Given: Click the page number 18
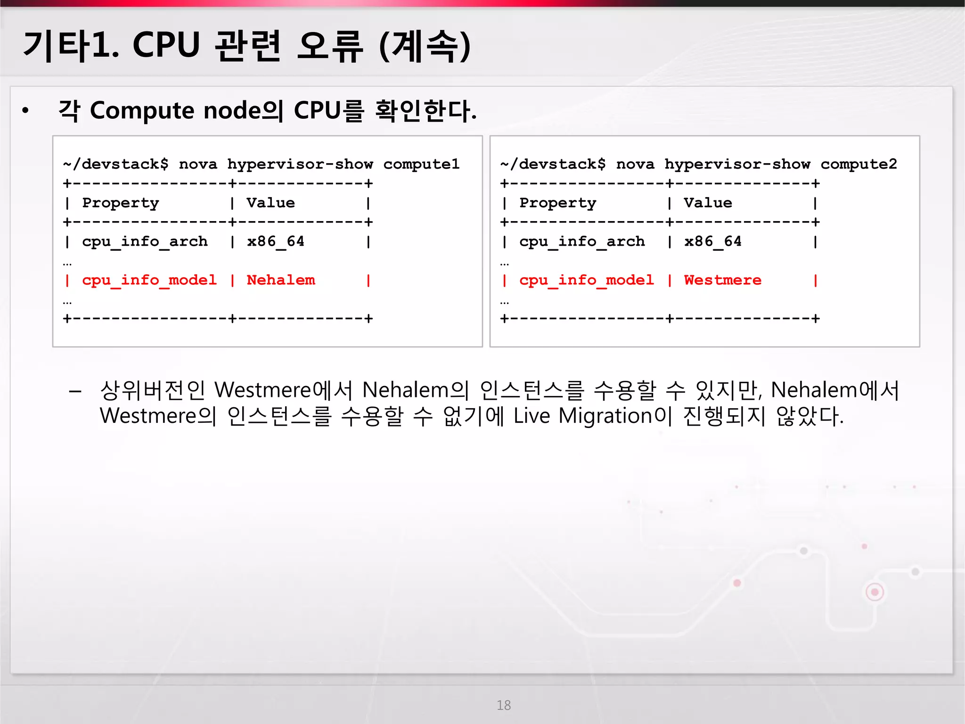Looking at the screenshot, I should (x=503, y=705).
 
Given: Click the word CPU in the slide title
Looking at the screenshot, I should (x=166, y=46).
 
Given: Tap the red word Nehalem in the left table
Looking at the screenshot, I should (x=281, y=280).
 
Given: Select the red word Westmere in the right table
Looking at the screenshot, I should (x=722, y=280).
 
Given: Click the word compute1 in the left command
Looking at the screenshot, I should (x=421, y=164).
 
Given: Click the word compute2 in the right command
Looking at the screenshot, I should (x=859, y=164).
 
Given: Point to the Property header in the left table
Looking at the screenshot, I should (x=121, y=203).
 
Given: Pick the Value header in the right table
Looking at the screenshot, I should (x=708, y=203).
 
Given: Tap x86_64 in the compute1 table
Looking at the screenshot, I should (x=276, y=242).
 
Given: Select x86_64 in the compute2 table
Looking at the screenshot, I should (x=713, y=242).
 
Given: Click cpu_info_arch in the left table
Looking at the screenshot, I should (x=145, y=242).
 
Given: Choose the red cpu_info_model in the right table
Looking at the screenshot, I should (x=587, y=280).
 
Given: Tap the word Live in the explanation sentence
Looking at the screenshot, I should (x=532, y=416).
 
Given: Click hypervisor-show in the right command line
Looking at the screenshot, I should (x=737, y=164).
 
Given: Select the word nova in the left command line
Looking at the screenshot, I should (x=198, y=164).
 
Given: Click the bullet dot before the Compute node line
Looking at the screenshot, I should (x=25, y=111).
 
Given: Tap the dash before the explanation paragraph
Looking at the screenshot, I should (x=75, y=391).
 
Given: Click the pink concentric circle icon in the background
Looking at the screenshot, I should (x=875, y=592).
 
